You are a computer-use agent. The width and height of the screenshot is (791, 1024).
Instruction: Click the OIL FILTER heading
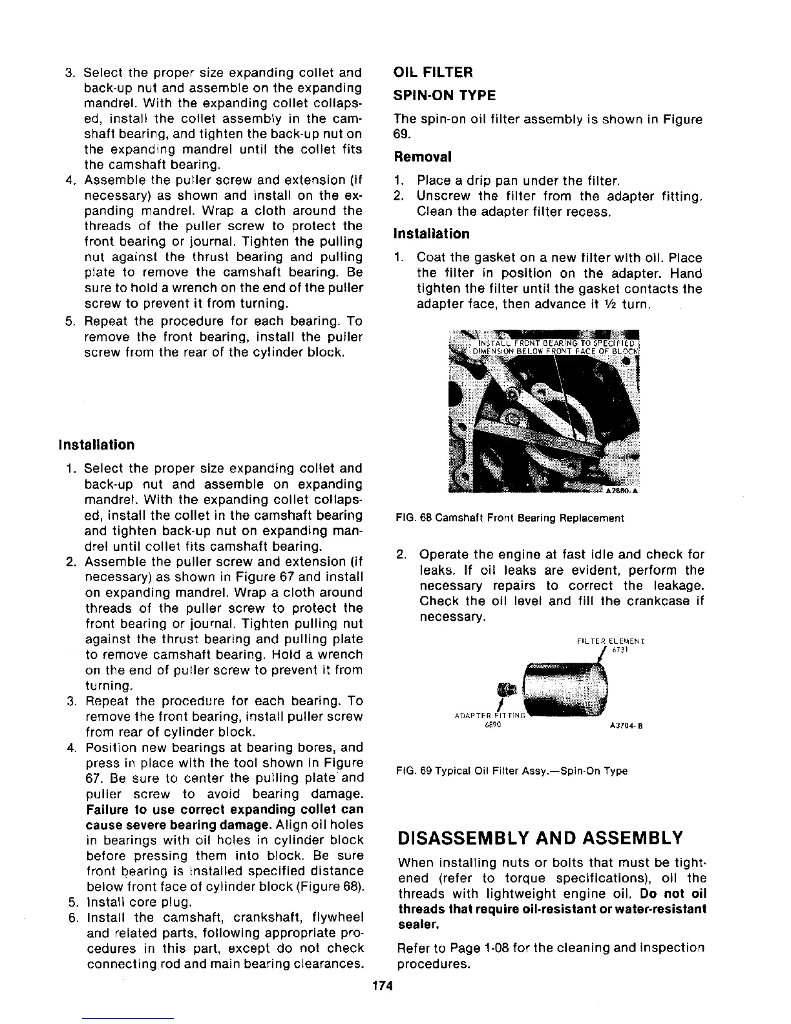click(x=433, y=72)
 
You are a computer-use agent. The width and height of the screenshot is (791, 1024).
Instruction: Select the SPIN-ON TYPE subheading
click(x=445, y=96)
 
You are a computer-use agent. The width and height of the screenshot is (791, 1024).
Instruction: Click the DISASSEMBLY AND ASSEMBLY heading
click(x=540, y=838)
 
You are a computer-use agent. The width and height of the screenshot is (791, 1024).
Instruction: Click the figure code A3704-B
click(x=623, y=725)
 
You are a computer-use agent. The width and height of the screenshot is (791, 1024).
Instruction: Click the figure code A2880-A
click(x=621, y=490)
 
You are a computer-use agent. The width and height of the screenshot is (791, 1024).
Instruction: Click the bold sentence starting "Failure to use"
click(x=224, y=818)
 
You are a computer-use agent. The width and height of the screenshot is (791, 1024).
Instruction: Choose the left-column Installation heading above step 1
click(x=97, y=445)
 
